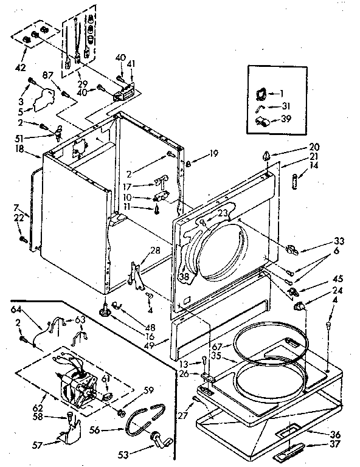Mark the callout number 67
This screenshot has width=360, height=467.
pos(216,347)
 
